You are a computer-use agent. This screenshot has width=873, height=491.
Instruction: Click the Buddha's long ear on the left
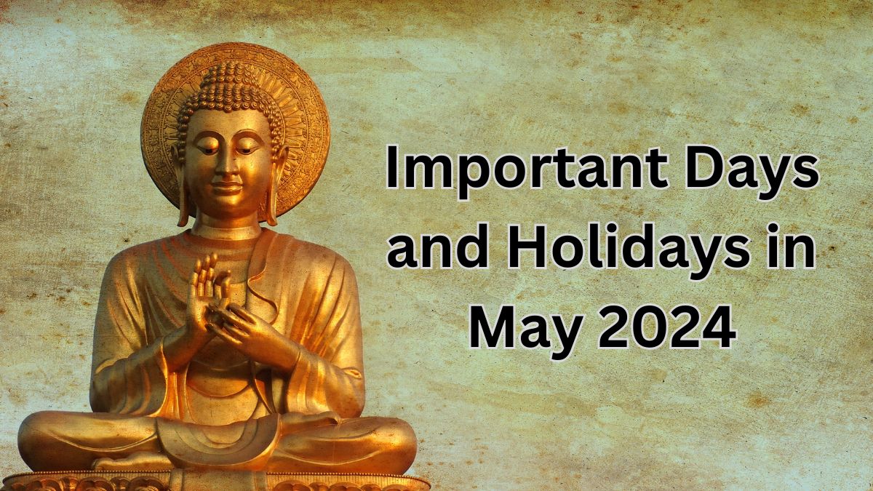click(x=181, y=189)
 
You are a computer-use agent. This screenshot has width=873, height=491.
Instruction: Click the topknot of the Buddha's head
click(x=228, y=73)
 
